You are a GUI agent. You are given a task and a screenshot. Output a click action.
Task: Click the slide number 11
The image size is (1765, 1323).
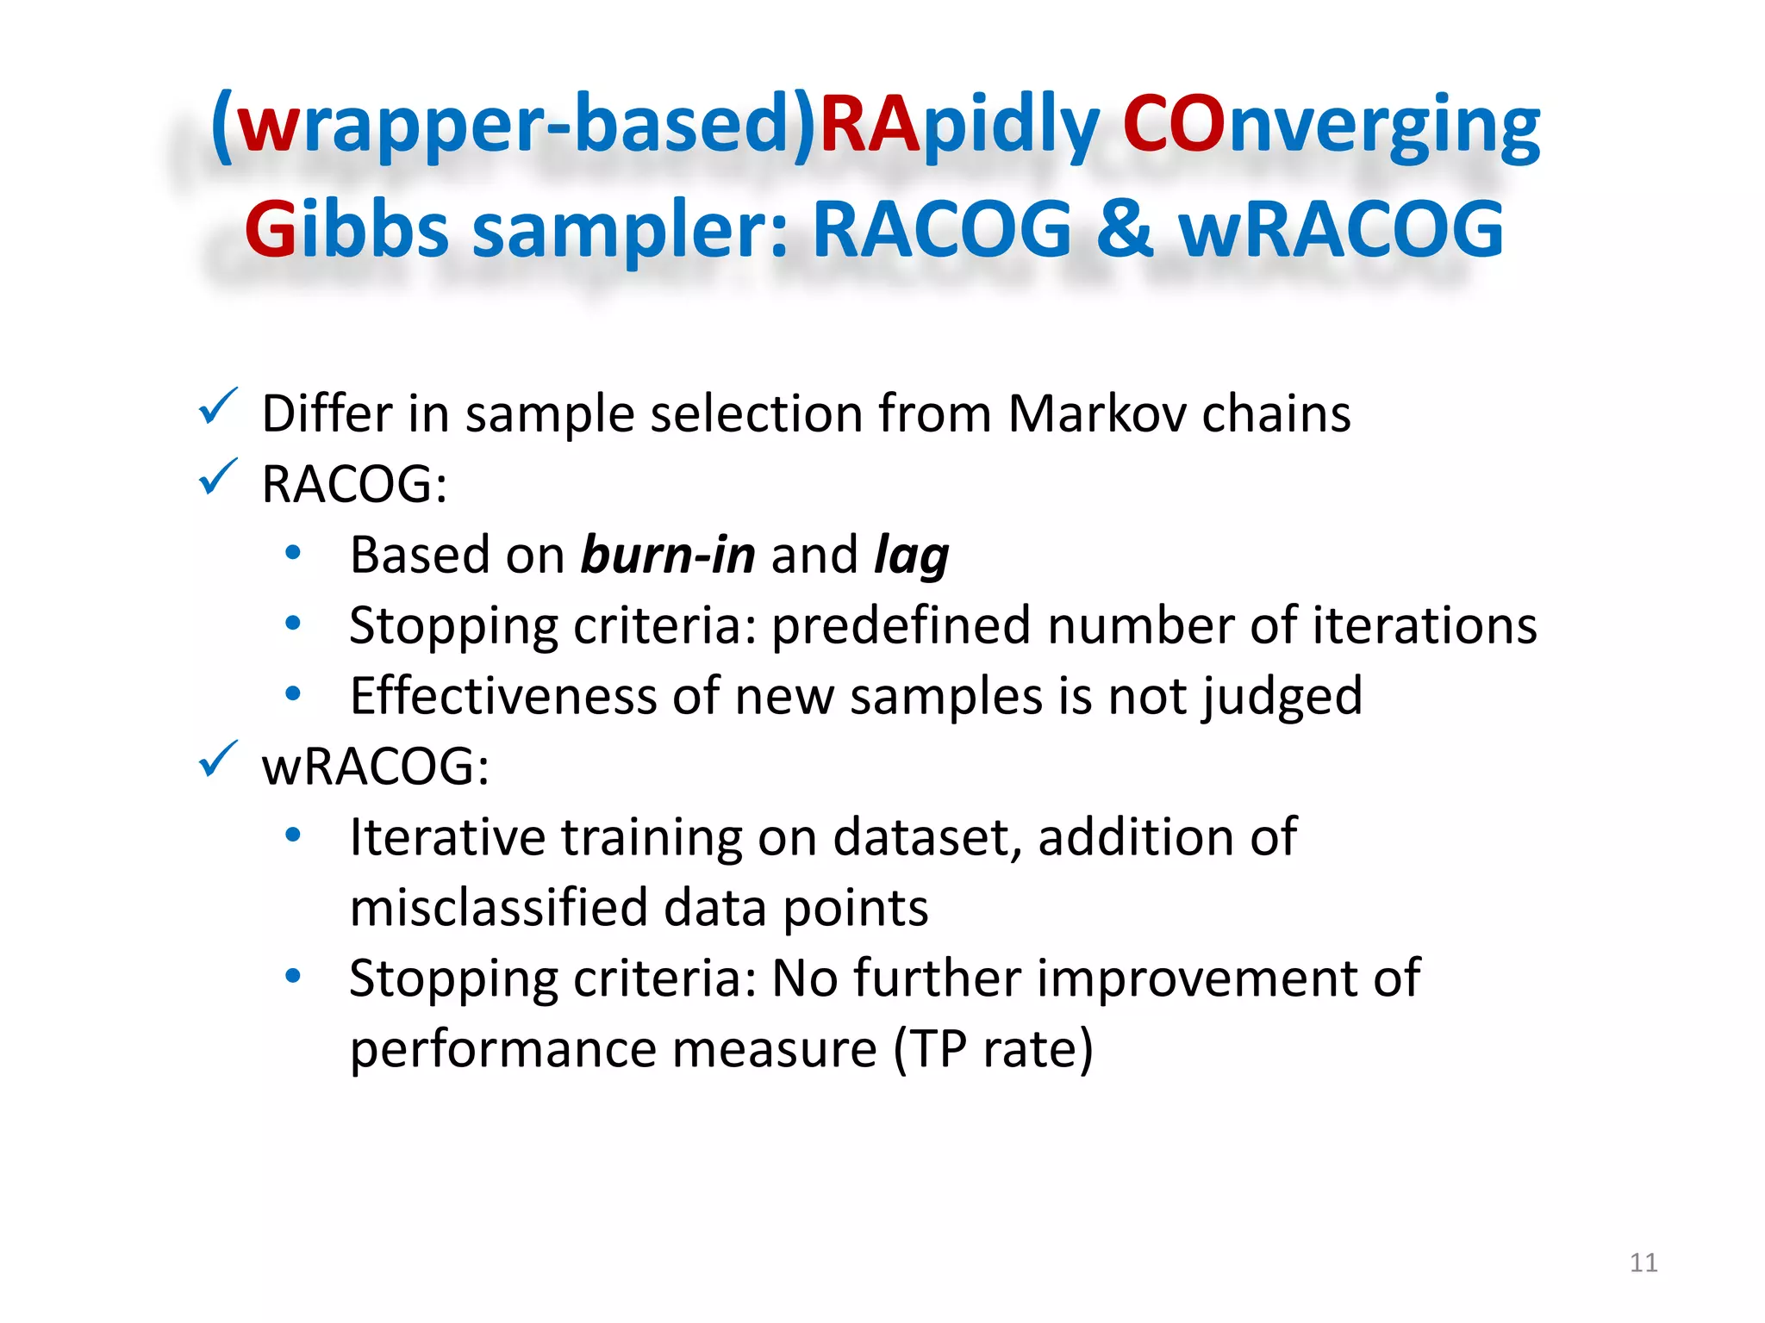point(1643,1263)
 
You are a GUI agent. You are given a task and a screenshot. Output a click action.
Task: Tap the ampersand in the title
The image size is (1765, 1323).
point(1124,230)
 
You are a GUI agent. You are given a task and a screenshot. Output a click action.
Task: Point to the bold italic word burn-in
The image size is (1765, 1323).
point(668,556)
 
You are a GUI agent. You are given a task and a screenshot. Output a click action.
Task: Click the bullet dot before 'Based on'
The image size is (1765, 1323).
point(293,553)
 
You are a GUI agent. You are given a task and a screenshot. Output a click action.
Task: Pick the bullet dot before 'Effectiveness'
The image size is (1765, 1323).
point(293,693)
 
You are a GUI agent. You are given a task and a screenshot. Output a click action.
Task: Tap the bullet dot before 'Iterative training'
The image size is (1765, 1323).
point(293,835)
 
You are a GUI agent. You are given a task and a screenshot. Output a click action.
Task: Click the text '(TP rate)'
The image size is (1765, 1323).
point(993,1049)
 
